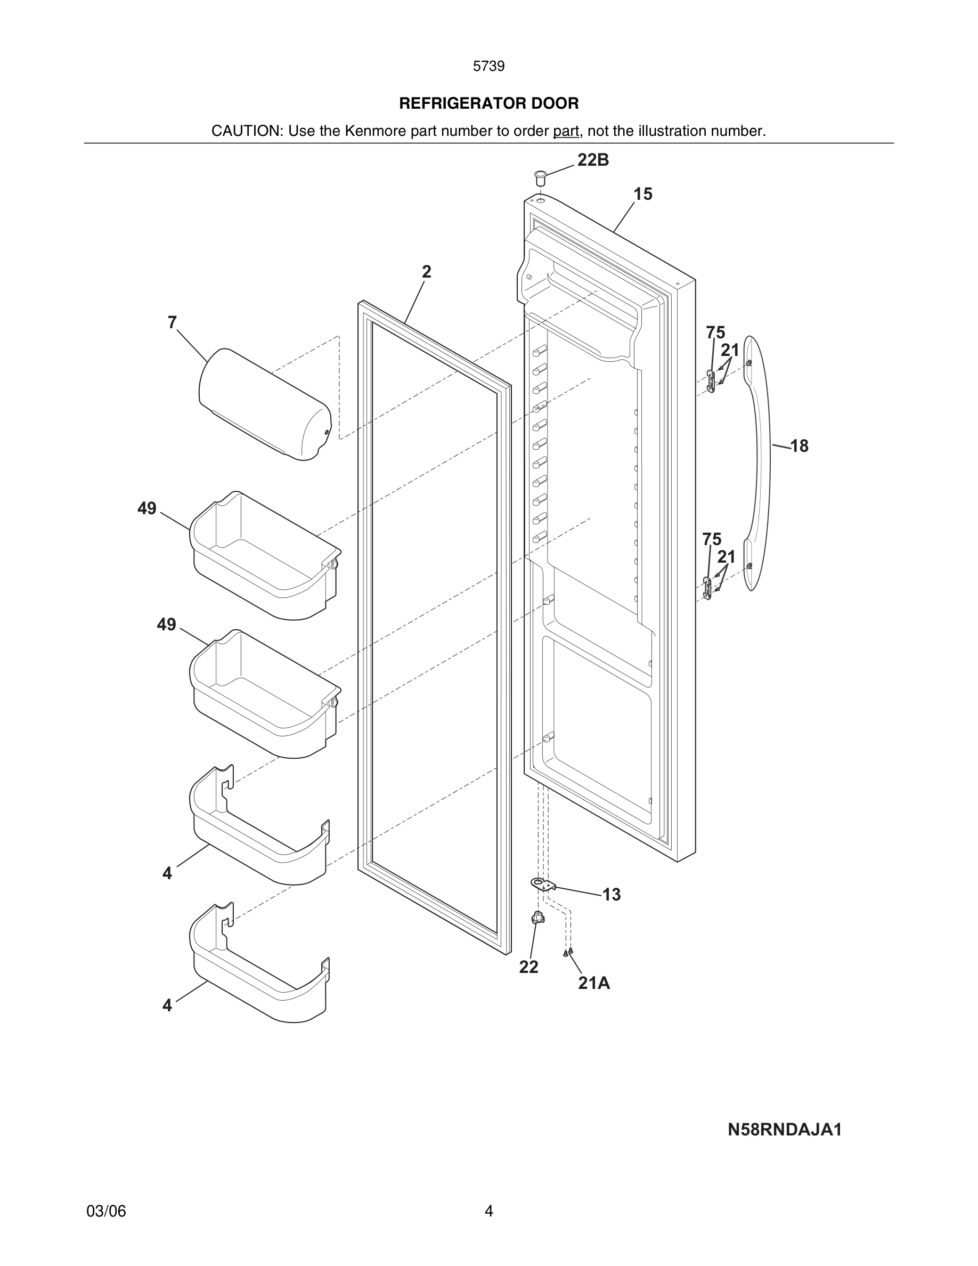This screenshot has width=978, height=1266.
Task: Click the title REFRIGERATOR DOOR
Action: pyautogui.click(x=488, y=103)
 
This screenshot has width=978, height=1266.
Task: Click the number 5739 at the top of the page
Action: pyautogui.click(x=488, y=66)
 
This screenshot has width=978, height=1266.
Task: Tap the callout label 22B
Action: pyautogui.click(x=593, y=160)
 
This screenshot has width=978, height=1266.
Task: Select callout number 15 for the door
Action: pyautogui.click(x=642, y=194)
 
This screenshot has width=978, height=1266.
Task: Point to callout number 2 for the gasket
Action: pyautogui.click(x=427, y=271)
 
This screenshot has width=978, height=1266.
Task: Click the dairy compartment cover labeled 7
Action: pyautogui.click(x=264, y=404)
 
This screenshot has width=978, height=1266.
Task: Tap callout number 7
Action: pyautogui.click(x=172, y=322)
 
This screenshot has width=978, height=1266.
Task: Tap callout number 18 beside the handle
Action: pyautogui.click(x=799, y=446)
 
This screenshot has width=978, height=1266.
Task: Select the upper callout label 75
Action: pyautogui.click(x=715, y=332)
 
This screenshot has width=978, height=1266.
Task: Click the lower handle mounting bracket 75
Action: pyautogui.click(x=707, y=588)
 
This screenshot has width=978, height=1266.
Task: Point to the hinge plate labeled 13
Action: pyautogui.click(x=543, y=884)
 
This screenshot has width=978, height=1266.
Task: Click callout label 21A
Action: pyautogui.click(x=594, y=983)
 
